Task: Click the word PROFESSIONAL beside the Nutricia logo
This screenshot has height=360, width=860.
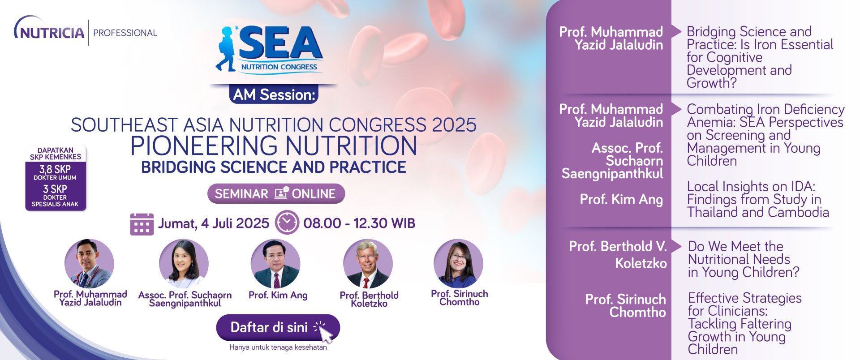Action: tap(125, 33)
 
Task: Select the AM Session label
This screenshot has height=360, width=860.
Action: tap(274, 94)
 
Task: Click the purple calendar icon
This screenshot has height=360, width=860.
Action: tap(142, 224)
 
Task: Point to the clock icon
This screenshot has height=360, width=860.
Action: tap(287, 222)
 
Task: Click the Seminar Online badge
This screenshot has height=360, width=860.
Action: tap(276, 193)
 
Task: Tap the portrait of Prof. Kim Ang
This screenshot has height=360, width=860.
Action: tap(275, 264)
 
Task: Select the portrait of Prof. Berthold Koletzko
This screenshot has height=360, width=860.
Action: tap(368, 264)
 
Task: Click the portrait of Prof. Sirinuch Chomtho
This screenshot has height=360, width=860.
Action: tap(458, 264)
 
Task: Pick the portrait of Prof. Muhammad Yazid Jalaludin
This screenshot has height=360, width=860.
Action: tap(89, 264)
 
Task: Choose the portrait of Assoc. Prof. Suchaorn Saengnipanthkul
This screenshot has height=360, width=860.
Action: tap(184, 264)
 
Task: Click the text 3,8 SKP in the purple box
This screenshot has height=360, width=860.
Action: tap(55, 169)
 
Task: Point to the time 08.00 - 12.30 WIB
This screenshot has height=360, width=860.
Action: tap(359, 223)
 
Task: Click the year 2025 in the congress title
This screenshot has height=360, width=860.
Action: tap(454, 125)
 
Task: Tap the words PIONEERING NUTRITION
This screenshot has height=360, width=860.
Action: tap(274, 146)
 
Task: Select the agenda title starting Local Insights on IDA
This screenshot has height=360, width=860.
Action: tap(758, 199)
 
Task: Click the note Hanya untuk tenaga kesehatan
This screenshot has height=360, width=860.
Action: tap(278, 347)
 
